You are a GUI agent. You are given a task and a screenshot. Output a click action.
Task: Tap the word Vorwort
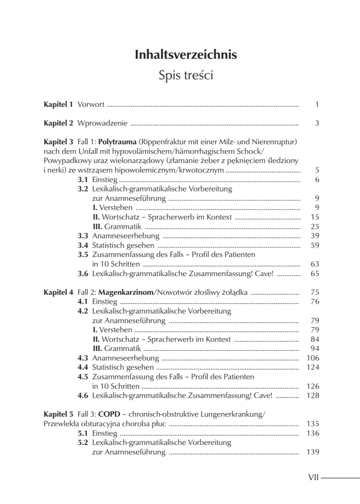point(91,104)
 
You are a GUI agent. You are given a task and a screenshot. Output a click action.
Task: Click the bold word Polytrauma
point(118,142)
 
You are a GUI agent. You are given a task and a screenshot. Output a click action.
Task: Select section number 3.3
point(83,236)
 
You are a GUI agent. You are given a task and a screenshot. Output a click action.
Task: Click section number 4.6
point(83,395)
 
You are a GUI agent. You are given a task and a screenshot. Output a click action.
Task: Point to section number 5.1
point(83,433)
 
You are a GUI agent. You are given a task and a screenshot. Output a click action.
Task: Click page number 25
point(315,226)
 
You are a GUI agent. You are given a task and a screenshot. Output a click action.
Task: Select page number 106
point(313,358)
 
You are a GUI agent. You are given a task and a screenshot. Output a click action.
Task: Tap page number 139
point(313,452)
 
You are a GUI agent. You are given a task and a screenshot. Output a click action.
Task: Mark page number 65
point(315,273)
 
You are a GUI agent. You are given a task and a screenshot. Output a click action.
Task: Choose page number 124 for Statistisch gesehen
point(313,367)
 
